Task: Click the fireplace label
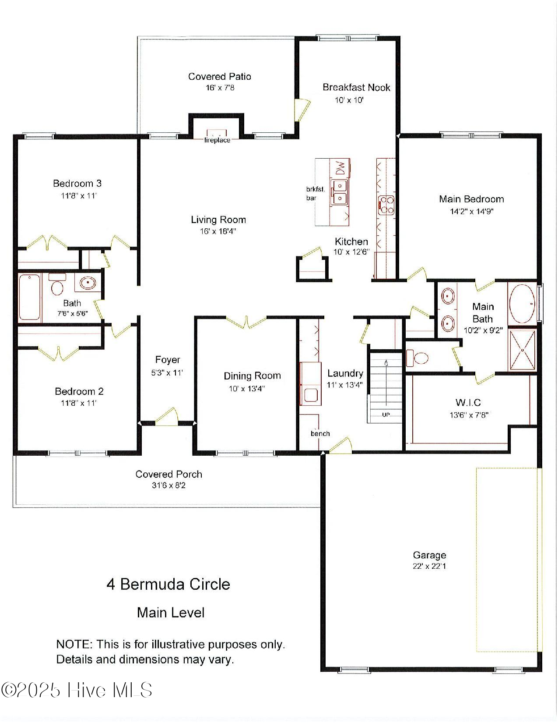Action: pos(217,140)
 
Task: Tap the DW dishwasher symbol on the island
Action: pos(340,167)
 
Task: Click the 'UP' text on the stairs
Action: pos(386,415)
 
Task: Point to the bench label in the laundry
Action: pos(320,433)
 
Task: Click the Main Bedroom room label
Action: pos(471,199)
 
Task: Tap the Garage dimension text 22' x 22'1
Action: pos(429,566)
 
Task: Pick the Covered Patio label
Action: pos(220,77)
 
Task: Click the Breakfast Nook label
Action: pos(356,87)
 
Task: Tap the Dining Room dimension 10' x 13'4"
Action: pos(247,389)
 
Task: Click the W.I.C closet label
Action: pos(468,402)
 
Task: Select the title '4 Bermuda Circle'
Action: pos(168,584)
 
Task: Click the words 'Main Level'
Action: pos(171,613)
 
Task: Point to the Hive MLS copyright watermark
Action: pos(77,690)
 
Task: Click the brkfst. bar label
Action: pos(315,193)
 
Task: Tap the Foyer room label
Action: pos(168,360)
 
